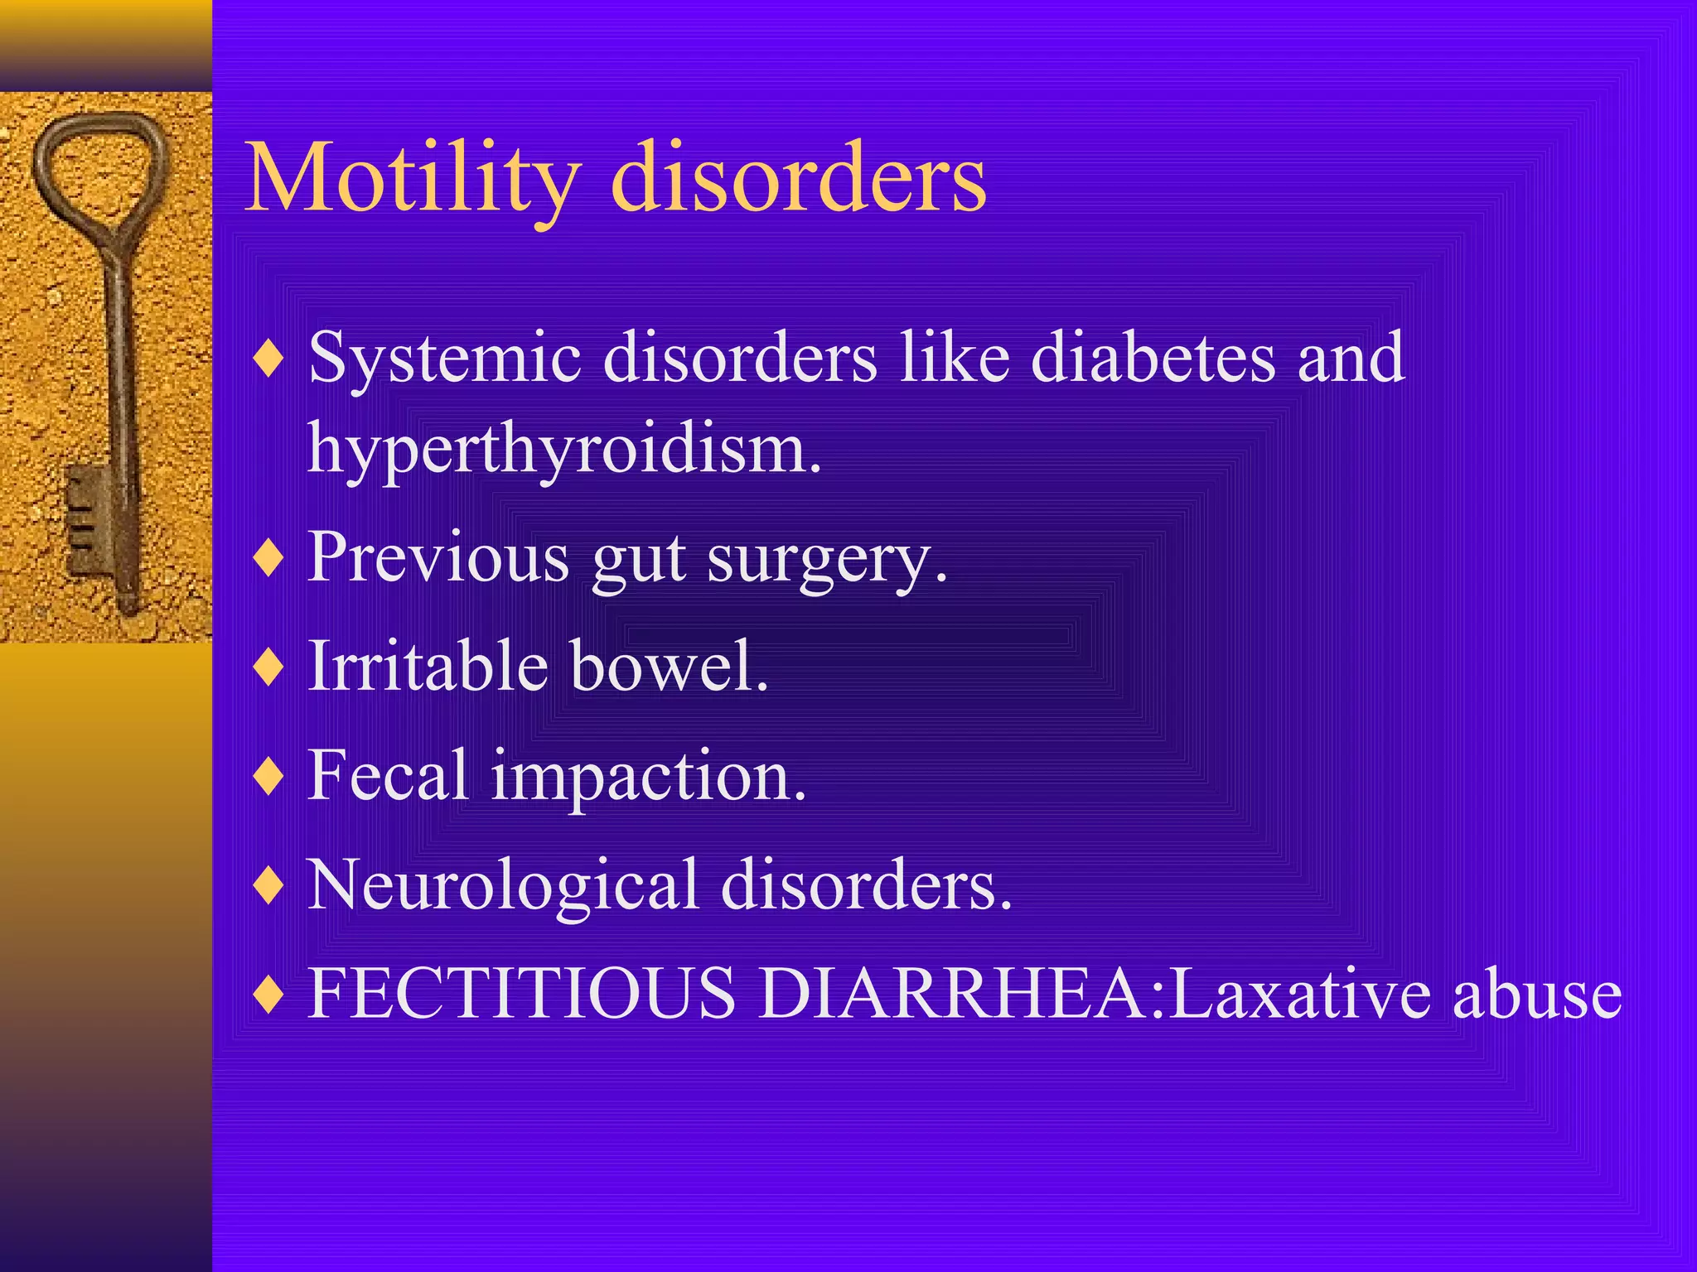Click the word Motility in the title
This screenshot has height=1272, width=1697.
tap(412, 178)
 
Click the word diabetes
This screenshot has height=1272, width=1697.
tap(1153, 358)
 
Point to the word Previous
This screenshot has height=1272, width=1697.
tap(438, 557)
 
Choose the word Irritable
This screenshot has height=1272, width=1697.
tap(428, 666)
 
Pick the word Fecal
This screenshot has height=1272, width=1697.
tap(388, 775)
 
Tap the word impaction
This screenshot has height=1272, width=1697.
tap(648, 778)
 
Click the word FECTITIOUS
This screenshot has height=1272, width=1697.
tap(521, 993)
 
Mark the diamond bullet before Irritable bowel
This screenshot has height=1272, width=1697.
tap(269, 667)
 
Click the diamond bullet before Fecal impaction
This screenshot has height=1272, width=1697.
tap(269, 777)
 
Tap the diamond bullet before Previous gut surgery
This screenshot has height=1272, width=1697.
tap(269, 558)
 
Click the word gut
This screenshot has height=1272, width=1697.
tap(638, 561)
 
